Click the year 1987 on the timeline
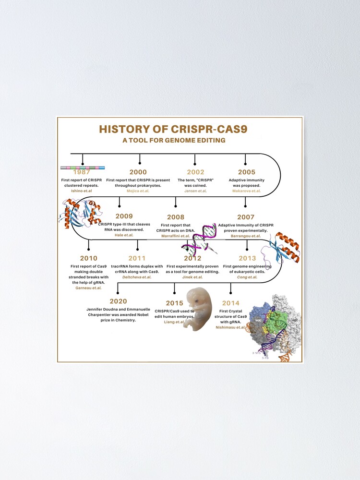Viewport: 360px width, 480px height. pyautogui.click(x=83, y=172)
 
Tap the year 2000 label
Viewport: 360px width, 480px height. pyautogui.click(x=138, y=172)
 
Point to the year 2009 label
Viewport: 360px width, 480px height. pyautogui.click(x=124, y=216)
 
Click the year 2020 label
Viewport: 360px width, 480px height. pyautogui.click(x=118, y=301)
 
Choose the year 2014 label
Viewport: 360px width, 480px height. pyautogui.click(x=231, y=303)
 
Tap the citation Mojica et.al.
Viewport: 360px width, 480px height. pyautogui.click(x=138, y=191)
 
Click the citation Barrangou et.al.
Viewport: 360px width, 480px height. pyautogui.click(x=245, y=236)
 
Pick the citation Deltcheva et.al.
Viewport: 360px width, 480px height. pyautogui.click(x=137, y=277)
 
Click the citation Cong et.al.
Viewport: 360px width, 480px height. pyautogui.click(x=247, y=277)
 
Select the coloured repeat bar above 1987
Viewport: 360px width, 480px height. pyautogui.click(x=83, y=168)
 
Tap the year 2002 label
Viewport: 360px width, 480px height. pyautogui.click(x=195, y=172)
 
